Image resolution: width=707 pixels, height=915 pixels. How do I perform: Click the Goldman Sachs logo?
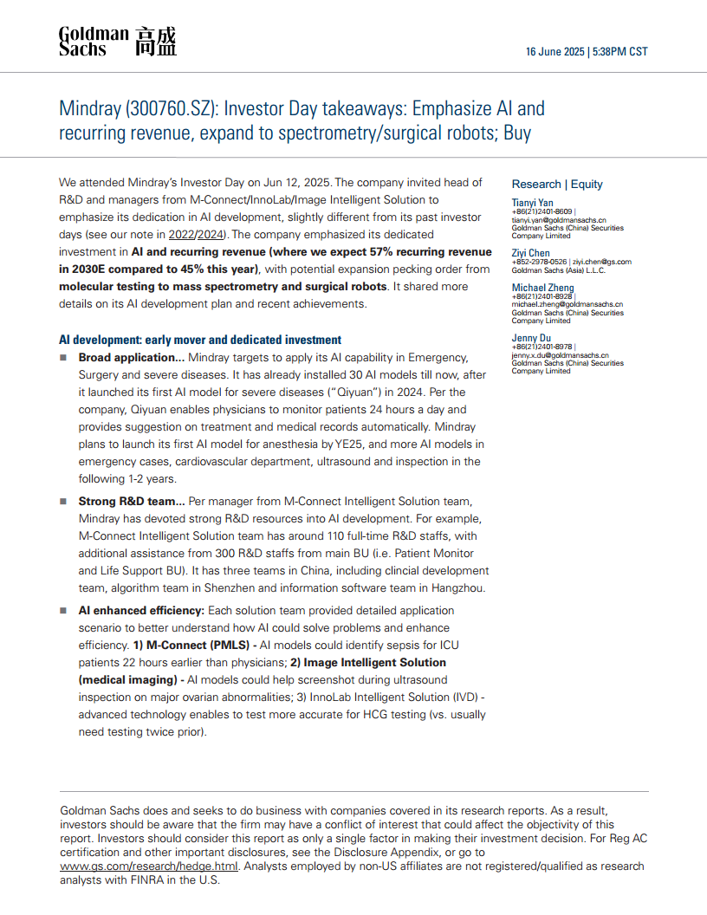tap(117, 42)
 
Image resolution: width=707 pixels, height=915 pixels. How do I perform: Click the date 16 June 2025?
tap(555, 52)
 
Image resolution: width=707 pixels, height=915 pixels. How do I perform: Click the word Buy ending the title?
tap(518, 133)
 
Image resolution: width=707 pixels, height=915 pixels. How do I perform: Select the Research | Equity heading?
tap(557, 184)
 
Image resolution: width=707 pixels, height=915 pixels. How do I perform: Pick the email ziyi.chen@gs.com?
tap(604, 262)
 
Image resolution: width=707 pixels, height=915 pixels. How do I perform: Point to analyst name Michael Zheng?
tap(542, 288)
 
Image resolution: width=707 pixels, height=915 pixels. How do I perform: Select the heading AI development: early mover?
tap(200, 340)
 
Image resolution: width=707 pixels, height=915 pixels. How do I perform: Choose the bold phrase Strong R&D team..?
tap(131, 501)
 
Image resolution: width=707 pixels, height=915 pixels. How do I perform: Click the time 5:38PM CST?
tap(619, 52)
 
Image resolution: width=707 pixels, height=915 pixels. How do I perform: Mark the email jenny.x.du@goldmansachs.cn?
tap(560, 355)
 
